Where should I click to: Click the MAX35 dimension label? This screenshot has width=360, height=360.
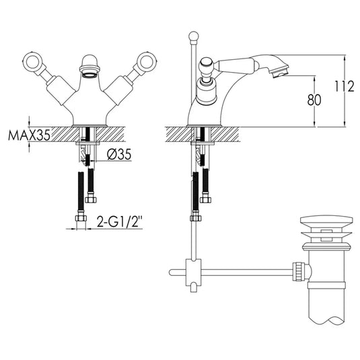point(30,135)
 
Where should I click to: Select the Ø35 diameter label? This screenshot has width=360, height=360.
point(118,154)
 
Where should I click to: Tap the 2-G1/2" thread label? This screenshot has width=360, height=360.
point(118,220)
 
